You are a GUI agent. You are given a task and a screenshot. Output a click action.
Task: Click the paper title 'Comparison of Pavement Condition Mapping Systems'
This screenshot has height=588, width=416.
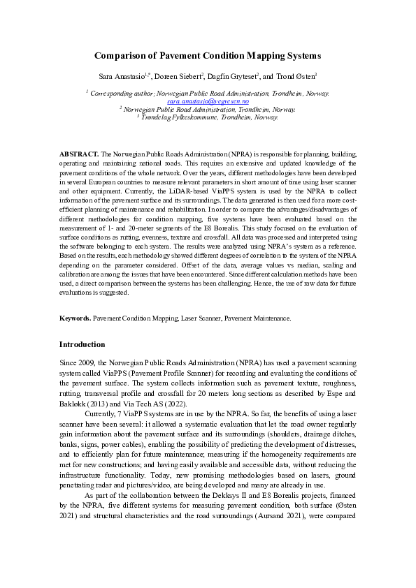[x=208, y=55]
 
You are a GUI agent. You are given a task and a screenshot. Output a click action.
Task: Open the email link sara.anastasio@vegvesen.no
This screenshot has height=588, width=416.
[x=208, y=101]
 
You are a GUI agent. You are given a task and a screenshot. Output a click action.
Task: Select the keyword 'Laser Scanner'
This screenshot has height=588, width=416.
[x=199, y=318]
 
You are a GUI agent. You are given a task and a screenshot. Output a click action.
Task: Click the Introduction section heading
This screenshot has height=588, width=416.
[x=82, y=344]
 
